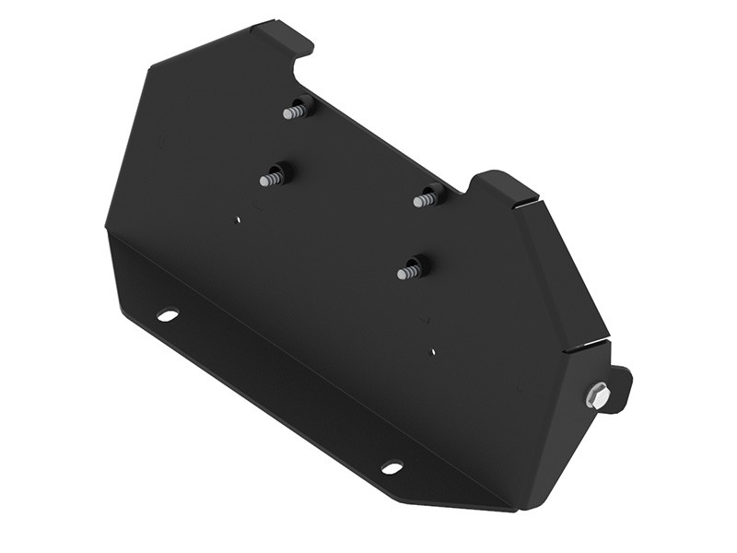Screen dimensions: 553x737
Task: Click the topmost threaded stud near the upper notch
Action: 296,110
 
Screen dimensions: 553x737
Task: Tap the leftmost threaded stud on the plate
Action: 273,177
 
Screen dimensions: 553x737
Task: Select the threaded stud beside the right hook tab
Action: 427,198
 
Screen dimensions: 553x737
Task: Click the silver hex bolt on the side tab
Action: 597,395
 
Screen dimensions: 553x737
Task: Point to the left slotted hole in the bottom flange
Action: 167,314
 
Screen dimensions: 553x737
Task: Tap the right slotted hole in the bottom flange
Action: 392,467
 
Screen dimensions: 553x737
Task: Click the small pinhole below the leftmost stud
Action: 238,219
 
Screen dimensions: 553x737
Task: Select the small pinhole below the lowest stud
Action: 433,350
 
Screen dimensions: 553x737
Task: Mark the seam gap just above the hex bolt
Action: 588,347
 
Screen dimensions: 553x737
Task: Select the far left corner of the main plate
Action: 107,226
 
